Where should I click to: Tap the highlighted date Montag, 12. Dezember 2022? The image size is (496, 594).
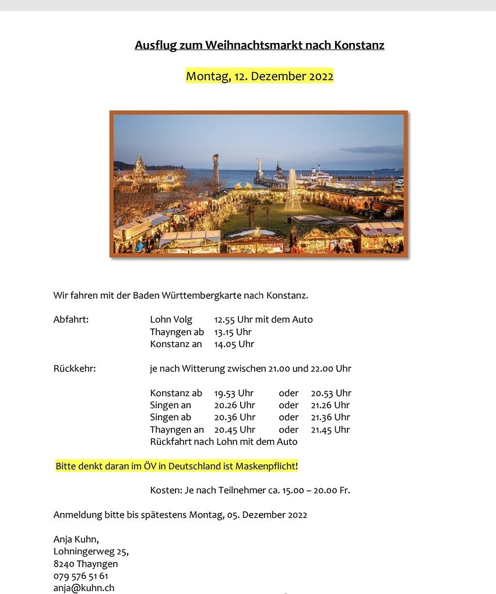tap(259, 76)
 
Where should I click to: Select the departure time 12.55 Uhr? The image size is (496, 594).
tap(233, 319)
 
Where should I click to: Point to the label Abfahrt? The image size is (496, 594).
tap(71, 319)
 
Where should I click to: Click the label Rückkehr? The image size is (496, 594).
tap(75, 368)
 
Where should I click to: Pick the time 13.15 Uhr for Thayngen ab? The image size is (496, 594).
tap(233, 332)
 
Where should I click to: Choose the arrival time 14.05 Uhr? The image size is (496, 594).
tap(234, 344)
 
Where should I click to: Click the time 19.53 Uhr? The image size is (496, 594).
tap(234, 393)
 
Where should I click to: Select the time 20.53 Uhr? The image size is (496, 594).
tap(331, 393)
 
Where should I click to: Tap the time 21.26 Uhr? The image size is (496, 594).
tap(330, 405)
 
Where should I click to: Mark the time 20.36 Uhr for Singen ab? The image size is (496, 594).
tap(234, 417)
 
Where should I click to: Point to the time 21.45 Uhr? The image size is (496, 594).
tap(330, 429)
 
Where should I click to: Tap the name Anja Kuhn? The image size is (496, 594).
tap(75, 539)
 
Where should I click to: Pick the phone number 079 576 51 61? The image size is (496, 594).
tap(81, 576)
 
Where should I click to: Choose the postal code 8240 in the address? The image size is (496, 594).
tap(64, 564)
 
